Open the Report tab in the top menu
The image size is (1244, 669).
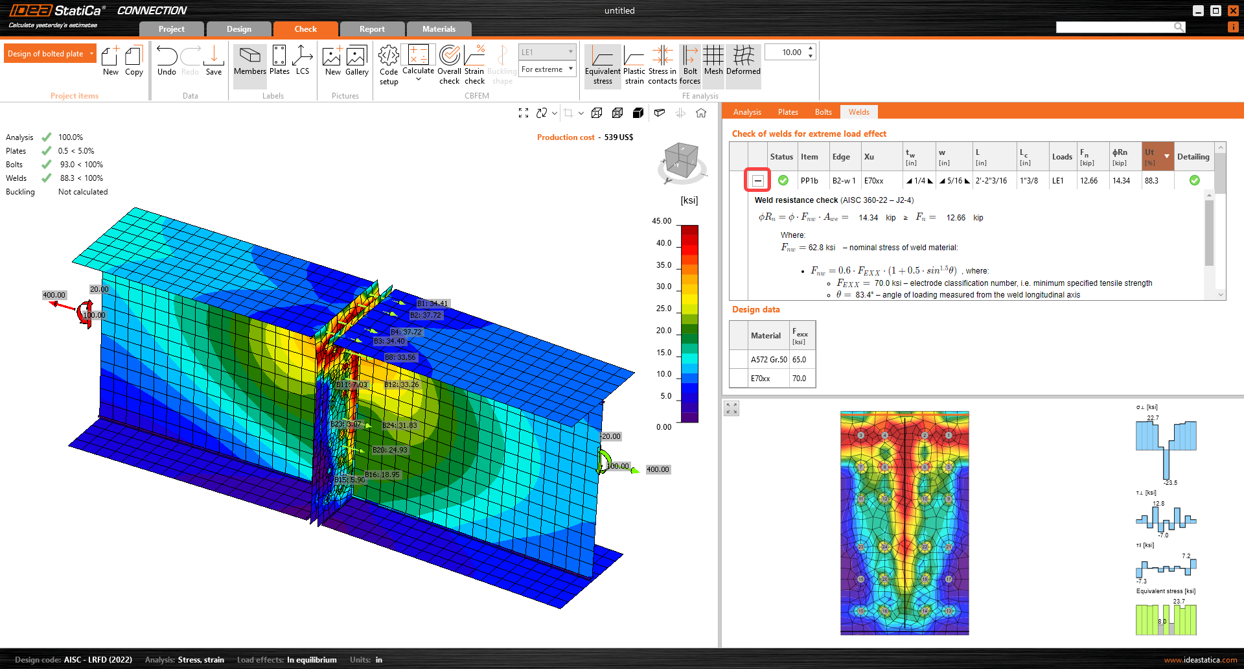372,29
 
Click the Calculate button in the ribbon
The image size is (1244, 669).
418,62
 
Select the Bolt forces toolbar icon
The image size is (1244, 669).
690,65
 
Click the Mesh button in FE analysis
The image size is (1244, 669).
713,62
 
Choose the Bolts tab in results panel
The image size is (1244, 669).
823,112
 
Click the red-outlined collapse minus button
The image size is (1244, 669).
757,181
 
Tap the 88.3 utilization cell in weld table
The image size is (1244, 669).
1151,181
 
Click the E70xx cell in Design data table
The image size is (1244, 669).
760,379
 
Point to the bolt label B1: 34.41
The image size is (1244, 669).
432,303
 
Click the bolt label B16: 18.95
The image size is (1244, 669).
382,475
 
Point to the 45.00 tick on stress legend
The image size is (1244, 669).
662,221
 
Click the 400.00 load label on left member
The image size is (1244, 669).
54,295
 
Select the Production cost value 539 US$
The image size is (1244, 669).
619,137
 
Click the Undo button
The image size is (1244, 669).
167,62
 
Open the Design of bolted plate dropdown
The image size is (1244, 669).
50,54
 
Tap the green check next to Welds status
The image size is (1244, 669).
47,178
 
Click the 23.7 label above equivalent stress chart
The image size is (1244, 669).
1179,601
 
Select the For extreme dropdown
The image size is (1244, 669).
547,69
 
